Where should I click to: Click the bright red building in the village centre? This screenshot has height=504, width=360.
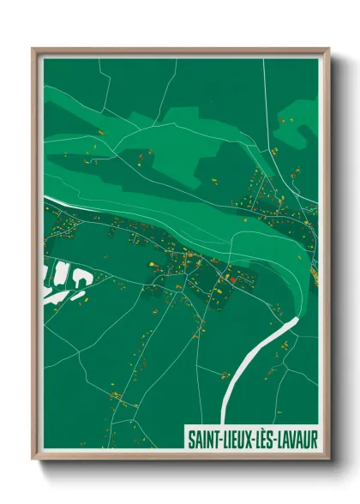(229, 278)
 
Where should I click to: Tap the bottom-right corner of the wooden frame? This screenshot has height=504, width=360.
(328, 459)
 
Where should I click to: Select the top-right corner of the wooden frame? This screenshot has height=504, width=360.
(328, 50)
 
